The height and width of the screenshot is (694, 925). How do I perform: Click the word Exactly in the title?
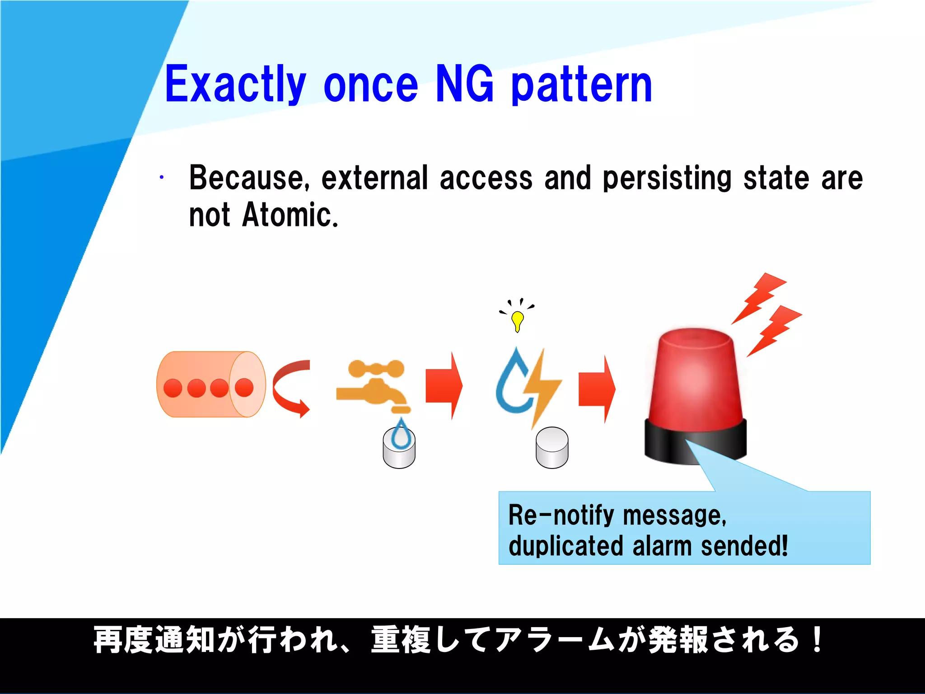pos(235,85)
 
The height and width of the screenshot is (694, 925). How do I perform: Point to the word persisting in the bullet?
pos(667,178)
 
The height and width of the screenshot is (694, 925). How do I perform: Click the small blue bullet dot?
pos(161,178)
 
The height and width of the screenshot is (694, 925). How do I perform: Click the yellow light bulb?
pos(517,320)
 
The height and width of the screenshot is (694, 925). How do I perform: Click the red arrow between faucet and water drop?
pos(444,386)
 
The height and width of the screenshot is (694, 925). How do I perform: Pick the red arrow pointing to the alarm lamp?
pos(597,389)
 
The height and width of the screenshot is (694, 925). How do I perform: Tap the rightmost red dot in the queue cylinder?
pos(244,387)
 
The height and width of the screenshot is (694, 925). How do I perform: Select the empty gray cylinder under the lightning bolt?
pos(552,448)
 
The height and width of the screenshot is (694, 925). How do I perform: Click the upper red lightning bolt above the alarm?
pos(760,296)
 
